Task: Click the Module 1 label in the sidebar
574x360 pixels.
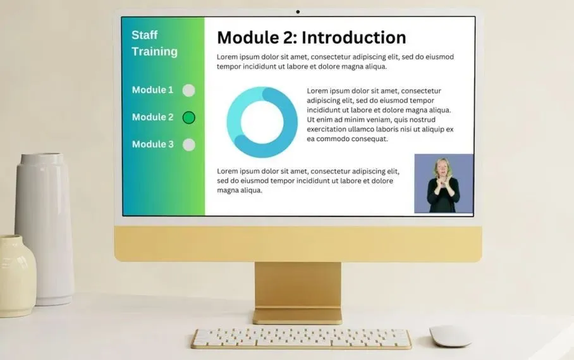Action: [152, 90]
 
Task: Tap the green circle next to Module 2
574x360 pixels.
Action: [189, 118]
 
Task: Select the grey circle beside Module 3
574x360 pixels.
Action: [189, 145]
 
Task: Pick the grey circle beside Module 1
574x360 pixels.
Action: [189, 90]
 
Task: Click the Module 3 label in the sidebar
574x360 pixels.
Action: [152, 144]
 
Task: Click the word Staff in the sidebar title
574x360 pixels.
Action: [145, 35]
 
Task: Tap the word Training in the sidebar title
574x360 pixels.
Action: [154, 52]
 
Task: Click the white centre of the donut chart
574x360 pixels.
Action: [262, 122]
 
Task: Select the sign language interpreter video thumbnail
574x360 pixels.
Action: [444, 183]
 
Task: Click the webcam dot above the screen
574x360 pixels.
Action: [298, 12]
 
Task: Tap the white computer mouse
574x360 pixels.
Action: [450, 336]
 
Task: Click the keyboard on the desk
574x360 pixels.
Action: [302, 338]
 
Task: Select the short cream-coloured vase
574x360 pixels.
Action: [17, 276]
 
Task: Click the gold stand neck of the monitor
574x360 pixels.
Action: [298, 285]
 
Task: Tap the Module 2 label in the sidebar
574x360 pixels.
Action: [152, 117]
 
